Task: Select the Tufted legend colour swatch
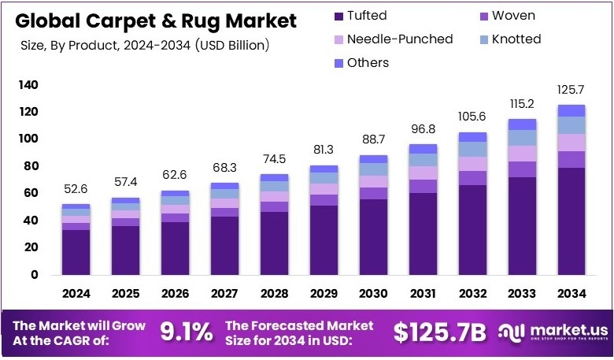pos(338,15)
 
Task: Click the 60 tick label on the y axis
pos(30,193)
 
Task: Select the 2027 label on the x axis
pos(225,294)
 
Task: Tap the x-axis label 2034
pos(572,294)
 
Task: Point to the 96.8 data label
pos(423,128)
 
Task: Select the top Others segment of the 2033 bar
pos(523,124)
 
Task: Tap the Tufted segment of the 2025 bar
pos(125,250)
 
